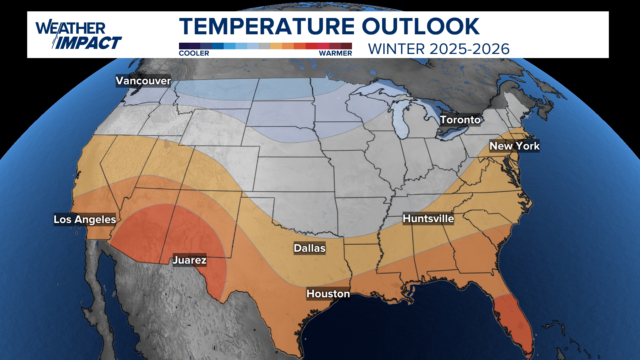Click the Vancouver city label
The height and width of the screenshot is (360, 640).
click(143, 81)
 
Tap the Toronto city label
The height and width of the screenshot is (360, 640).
click(460, 120)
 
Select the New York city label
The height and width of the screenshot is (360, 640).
click(514, 146)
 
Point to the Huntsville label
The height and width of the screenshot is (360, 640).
click(428, 219)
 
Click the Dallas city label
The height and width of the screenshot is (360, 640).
click(309, 248)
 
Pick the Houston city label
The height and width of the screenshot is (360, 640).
click(328, 294)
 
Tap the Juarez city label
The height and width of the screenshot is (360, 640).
click(189, 260)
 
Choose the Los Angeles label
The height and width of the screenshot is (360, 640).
click(85, 219)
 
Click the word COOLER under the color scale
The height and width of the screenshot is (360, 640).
click(194, 53)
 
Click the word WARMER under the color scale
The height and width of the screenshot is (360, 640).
click(335, 53)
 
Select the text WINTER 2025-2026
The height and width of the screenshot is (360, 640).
click(439, 49)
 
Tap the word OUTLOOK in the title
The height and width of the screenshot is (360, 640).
click(421, 27)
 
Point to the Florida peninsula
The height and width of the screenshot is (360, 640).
click(513, 323)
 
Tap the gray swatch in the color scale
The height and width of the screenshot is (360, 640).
click(265, 46)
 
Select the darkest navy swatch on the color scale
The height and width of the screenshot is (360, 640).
click(184, 46)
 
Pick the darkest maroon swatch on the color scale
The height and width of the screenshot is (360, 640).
click(346, 46)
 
